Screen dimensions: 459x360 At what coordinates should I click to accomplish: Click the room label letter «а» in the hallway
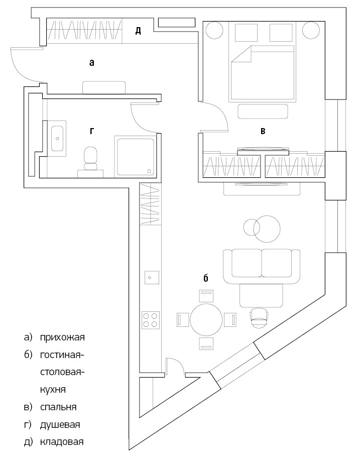pos(91,63)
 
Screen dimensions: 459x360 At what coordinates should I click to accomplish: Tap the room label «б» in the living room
pos(205,277)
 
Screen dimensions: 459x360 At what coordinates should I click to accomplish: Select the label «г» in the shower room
pos(91,131)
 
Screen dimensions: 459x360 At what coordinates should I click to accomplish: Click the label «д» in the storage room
pos(138,31)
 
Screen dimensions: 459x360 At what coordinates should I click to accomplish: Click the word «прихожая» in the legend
pos(63,336)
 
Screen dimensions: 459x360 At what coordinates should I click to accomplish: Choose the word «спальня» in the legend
pos(59,407)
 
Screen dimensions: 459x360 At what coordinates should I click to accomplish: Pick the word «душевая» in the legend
pos(60,424)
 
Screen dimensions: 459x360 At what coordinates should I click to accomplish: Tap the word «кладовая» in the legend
pos(62,442)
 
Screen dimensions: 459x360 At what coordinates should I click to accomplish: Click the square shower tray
pos(135,156)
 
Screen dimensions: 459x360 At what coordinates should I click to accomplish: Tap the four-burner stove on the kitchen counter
pos(152,319)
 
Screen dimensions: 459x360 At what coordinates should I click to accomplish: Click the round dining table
pos(206,319)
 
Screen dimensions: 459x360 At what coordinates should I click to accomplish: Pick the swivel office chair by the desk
pos(259,317)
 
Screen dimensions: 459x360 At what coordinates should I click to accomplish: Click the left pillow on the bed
pos(245,33)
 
